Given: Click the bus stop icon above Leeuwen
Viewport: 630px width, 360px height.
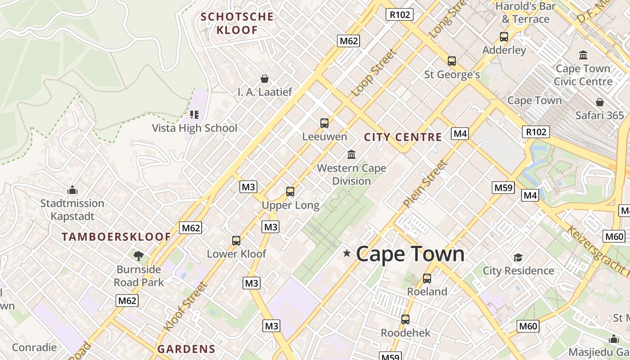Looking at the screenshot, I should [324, 123].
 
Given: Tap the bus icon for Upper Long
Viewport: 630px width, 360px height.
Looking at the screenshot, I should [290, 192].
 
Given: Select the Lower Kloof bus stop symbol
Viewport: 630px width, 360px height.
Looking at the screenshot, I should [236, 241].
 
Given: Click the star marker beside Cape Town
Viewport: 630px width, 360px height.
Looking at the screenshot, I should [346, 253].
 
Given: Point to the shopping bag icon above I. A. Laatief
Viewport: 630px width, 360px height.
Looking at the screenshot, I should [265, 79].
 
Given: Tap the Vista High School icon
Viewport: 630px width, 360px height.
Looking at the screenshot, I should [194, 115].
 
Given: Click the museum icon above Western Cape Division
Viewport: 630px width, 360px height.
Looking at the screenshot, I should [351, 155].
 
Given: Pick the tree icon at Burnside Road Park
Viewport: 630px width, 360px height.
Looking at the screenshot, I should [139, 256].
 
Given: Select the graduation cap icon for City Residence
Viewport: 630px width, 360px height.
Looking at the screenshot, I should [518, 257].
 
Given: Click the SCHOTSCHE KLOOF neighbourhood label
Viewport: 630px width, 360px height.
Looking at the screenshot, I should [237, 23].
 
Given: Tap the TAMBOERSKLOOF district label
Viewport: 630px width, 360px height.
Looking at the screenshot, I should [117, 237].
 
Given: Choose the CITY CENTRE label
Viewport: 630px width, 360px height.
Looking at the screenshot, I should [403, 137].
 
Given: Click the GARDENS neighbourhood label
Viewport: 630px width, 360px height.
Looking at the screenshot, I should [186, 349].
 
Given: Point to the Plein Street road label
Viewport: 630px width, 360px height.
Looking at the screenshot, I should [426, 184].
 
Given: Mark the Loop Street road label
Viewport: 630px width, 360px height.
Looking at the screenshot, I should [374, 72].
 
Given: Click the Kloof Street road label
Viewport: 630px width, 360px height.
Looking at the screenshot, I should [186, 306].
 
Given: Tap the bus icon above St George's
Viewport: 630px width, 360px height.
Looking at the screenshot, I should [452, 61].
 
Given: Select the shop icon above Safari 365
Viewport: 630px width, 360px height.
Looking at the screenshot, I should [599, 102].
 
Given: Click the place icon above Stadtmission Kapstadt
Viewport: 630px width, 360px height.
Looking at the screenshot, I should [72, 190].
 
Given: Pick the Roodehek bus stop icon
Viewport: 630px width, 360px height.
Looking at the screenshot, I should [405, 319].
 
